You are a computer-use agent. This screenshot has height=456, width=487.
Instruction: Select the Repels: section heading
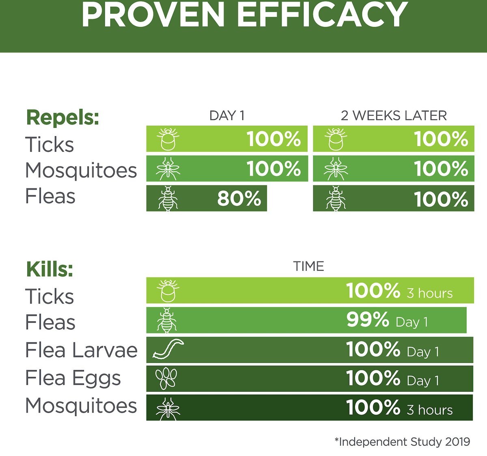(62, 118)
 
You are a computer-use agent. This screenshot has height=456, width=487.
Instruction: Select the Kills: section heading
(50, 269)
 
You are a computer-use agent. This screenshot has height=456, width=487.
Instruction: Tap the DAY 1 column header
(227, 116)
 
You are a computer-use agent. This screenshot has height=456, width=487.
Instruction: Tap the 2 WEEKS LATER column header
(394, 116)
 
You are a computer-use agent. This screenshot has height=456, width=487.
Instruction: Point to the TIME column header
(308, 266)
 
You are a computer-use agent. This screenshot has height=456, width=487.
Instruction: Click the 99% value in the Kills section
(368, 320)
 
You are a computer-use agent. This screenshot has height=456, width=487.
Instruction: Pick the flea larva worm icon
(168, 348)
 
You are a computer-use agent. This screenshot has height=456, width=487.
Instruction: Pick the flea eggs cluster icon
(166, 378)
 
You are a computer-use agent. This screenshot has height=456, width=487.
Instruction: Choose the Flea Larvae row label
(82, 350)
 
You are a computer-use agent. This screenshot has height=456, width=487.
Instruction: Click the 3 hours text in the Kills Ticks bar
(430, 293)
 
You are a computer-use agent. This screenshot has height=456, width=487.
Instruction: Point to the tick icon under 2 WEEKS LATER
(336, 139)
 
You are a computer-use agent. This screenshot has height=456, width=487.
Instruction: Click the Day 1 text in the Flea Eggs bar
(423, 380)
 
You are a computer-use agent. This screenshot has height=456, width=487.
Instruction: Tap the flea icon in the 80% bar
(168, 198)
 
